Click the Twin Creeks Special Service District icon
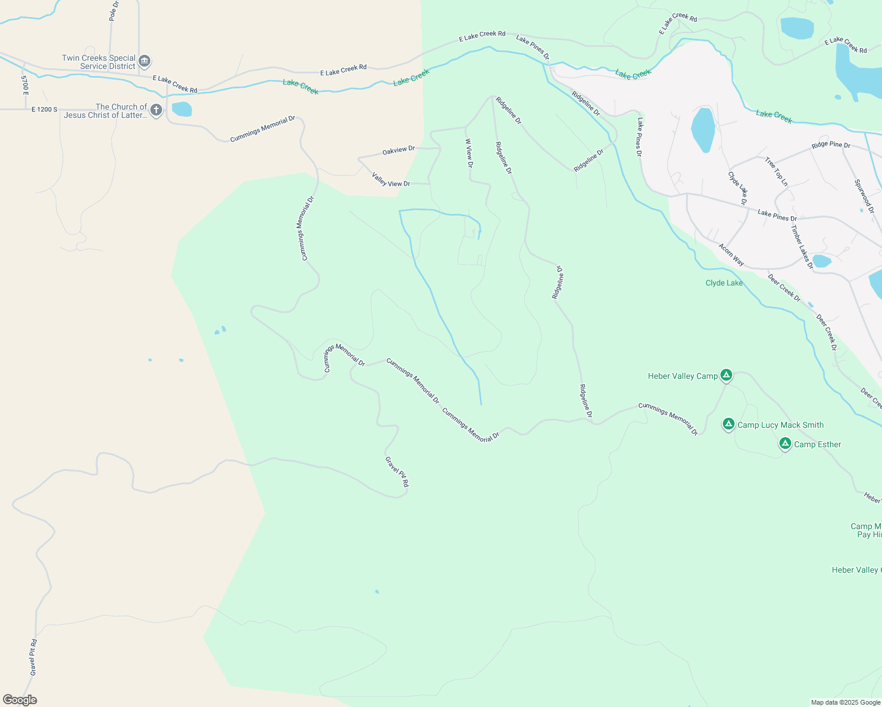pos(144,61)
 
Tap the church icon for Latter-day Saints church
pos(156,110)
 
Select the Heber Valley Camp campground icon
pos(726,375)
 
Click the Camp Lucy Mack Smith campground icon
pos(729,424)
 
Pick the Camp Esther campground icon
pos(785,444)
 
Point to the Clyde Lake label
pos(724,283)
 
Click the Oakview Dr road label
pos(399,151)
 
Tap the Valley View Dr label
pos(391,180)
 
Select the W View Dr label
pos(469,153)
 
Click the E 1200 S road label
pos(45,110)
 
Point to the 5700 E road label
pos(25,85)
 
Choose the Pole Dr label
pos(114,11)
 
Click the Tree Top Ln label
pos(776,171)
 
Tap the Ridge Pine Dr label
pos(831,145)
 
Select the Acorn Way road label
pos(731,255)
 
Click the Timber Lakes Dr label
pos(802,247)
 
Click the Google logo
pos(19,700)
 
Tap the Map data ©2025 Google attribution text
pos(845,702)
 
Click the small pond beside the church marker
pos(182,109)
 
